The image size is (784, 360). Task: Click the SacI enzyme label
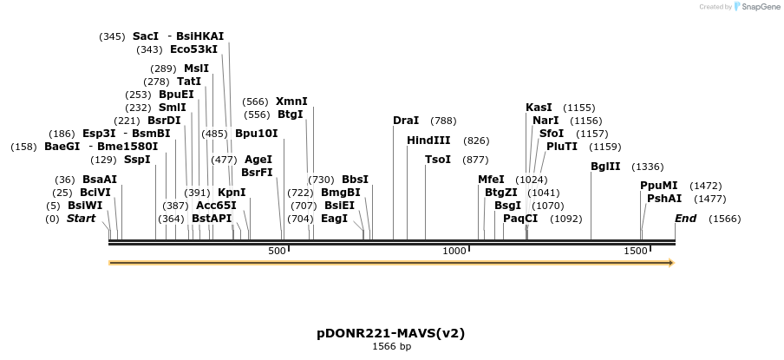coord(146,36)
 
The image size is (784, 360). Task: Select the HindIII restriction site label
coord(428,140)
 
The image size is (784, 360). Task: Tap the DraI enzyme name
coord(405,121)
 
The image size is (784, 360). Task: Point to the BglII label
coord(605,167)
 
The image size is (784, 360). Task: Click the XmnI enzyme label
coord(291,101)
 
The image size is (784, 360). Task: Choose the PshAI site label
coord(664,199)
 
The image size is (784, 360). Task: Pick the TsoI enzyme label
coord(437,160)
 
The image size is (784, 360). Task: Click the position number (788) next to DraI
coord(443,121)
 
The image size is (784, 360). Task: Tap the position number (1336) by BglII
coord(647,167)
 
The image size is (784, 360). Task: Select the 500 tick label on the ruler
coord(277,251)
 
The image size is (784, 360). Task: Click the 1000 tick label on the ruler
coord(454,251)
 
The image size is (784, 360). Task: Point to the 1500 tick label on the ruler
coord(636,251)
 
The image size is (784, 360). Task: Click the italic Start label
coord(81,219)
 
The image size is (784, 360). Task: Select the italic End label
coord(685,219)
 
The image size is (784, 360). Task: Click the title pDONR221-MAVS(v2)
coord(391,333)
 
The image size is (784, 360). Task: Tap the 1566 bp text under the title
coord(391,347)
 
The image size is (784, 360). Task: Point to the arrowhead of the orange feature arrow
coord(671,263)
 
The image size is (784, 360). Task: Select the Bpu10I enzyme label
coord(256,134)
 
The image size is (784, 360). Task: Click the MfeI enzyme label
coord(491,180)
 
